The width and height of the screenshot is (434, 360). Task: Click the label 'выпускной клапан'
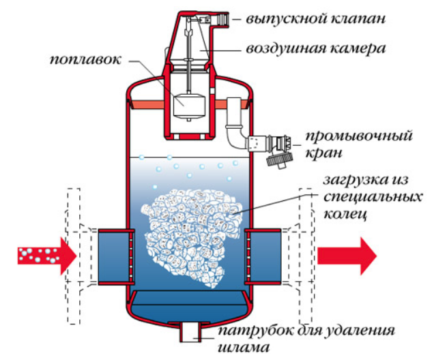coord(316,19)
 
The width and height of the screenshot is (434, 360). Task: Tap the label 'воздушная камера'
coord(316,49)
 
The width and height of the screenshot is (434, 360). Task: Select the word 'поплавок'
coord(85,60)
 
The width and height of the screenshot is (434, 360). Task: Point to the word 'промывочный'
coord(359,136)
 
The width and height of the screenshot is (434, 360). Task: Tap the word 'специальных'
coord(373,198)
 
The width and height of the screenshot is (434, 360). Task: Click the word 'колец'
coord(345,214)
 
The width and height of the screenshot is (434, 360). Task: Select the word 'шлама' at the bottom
coord(244,348)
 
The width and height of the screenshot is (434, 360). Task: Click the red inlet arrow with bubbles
coord(47,256)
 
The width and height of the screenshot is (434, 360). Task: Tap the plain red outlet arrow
coord(347,256)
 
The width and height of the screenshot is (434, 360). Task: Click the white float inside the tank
coord(189,106)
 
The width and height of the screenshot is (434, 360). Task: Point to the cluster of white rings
coord(192,239)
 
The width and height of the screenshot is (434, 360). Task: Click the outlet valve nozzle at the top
coord(222,19)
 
